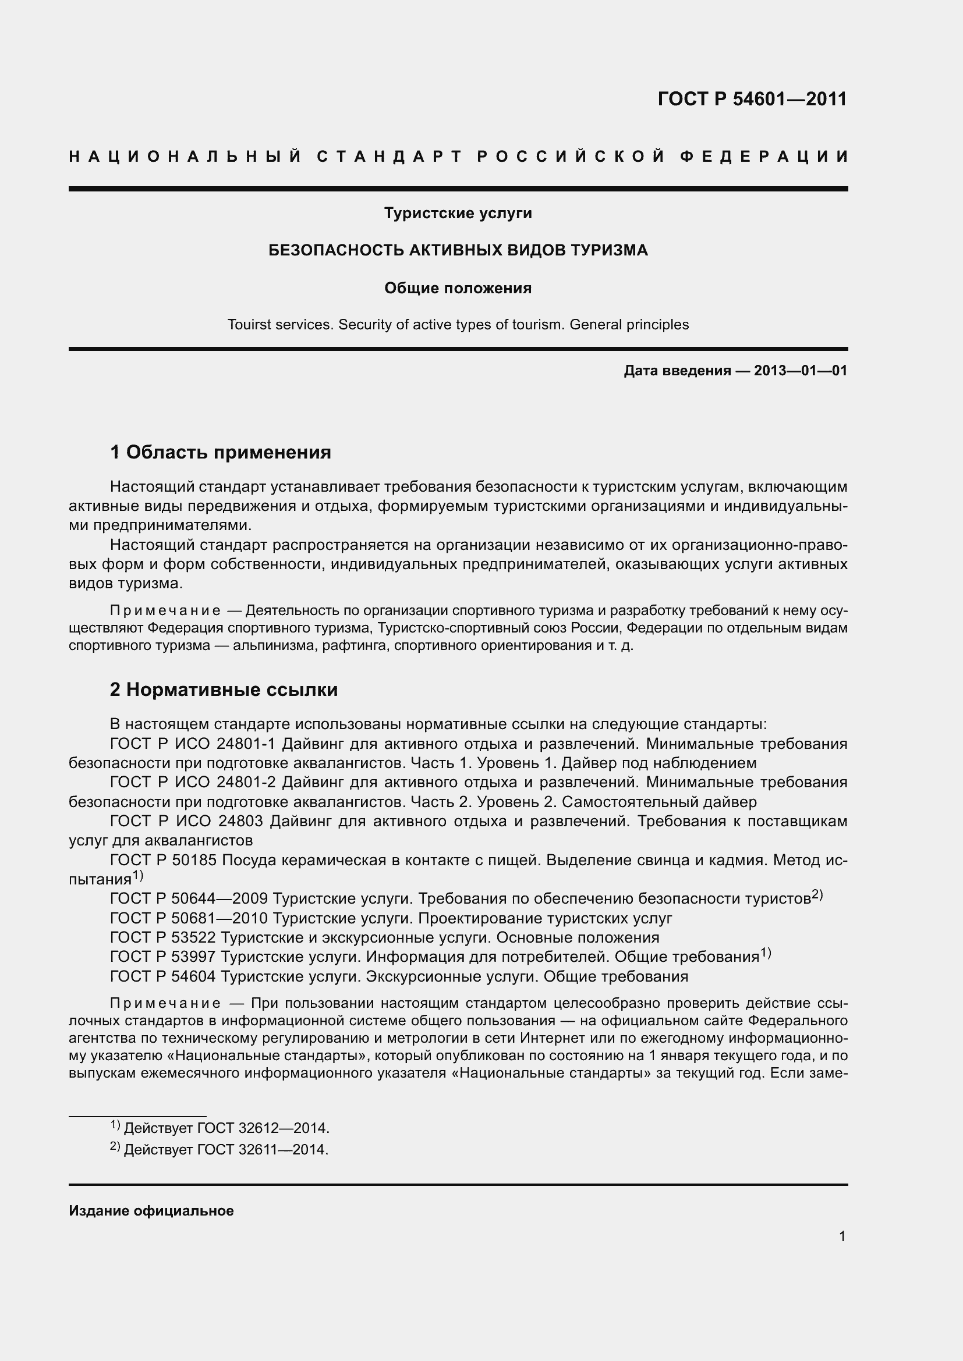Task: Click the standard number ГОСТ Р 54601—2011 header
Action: click(x=752, y=99)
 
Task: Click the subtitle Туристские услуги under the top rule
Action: click(x=458, y=213)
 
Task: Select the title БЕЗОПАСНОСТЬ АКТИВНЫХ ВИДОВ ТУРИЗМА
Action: click(x=458, y=250)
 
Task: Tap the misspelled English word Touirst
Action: click(x=249, y=325)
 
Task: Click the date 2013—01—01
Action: click(x=801, y=371)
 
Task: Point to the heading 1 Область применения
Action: click(x=221, y=452)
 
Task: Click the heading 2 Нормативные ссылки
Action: click(x=224, y=690)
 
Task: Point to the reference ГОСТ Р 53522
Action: click(x=163, y=938)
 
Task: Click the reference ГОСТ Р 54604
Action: click(x=163, y=976)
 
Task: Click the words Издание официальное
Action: click(x=151, y=1211)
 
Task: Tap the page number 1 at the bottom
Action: click(x=842, y=1236)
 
